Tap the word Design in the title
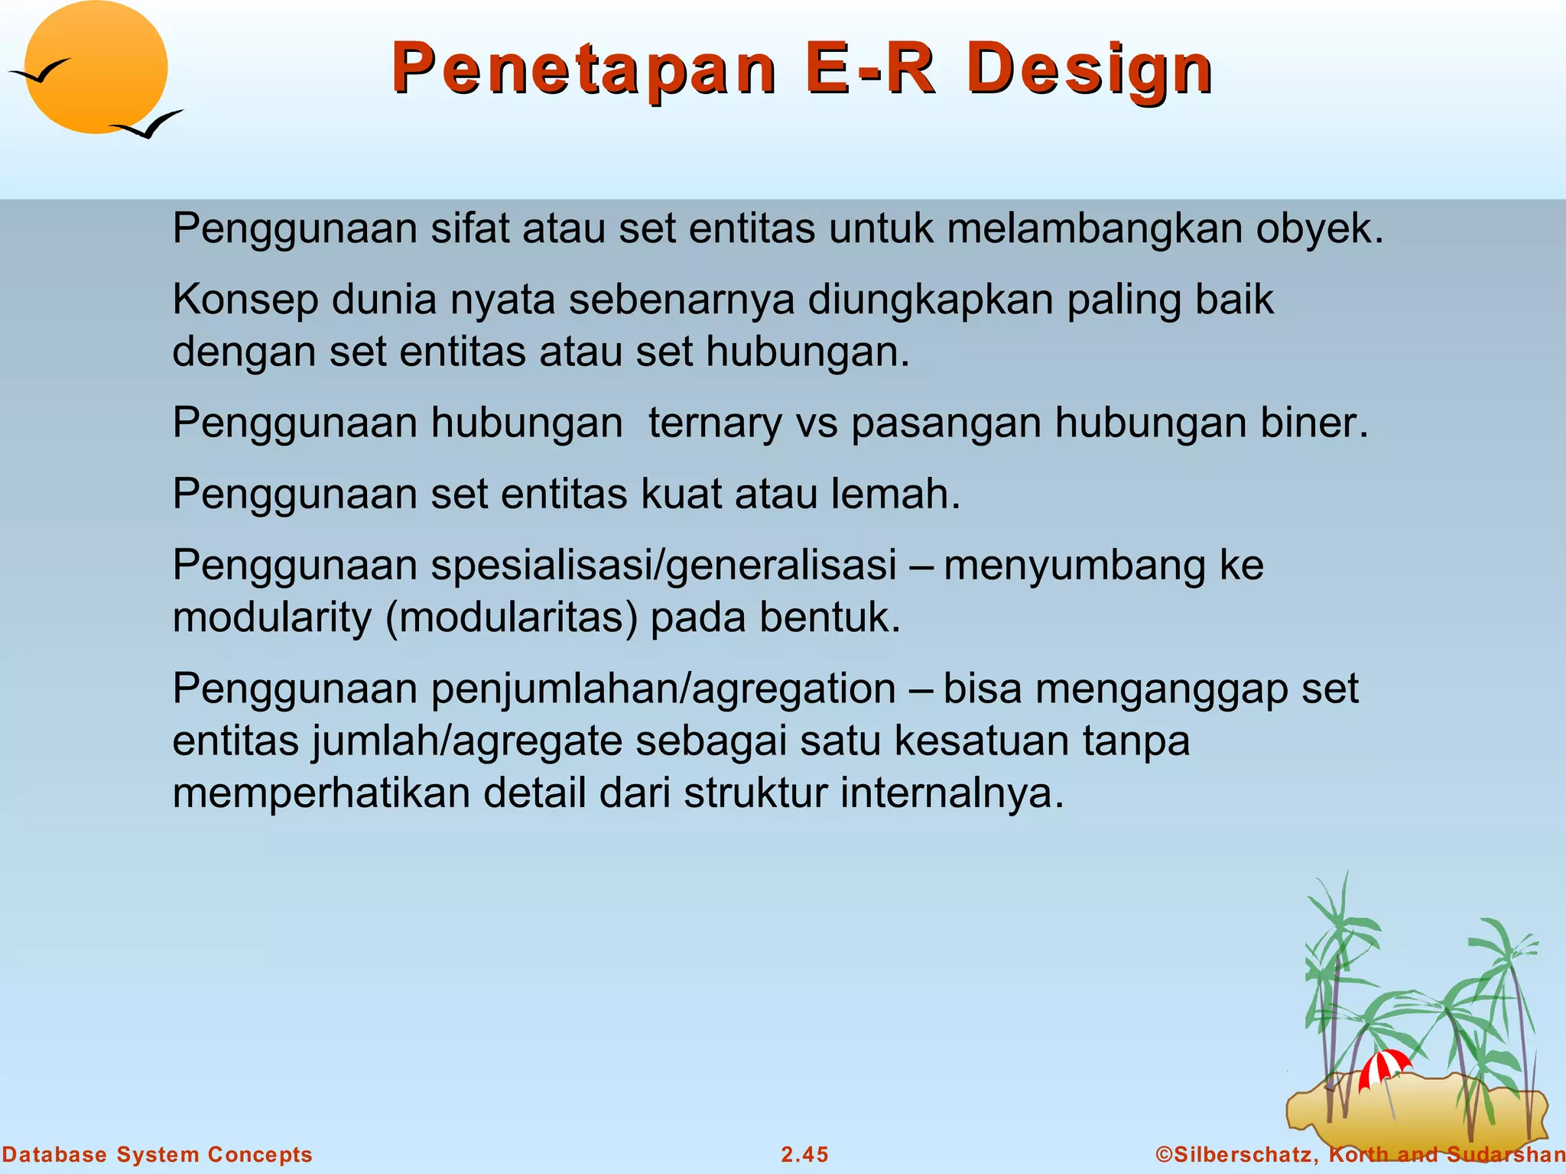point(1089,70)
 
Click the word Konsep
point(245,300)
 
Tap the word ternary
point(715,423)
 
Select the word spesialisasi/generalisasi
point(664,566)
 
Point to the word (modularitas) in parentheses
point(512,618)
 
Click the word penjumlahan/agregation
point(664,689)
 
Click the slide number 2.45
point(804,1154)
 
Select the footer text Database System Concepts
point(157,1154)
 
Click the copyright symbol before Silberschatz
point(1164,1154)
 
